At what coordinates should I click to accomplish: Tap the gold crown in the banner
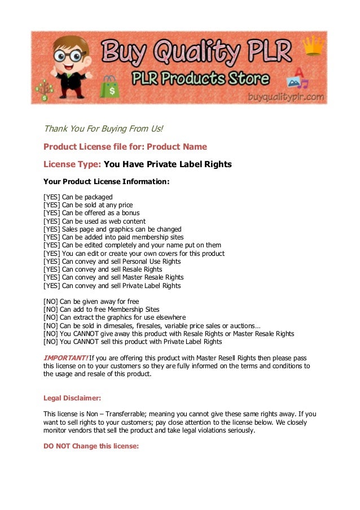tap(311, 46)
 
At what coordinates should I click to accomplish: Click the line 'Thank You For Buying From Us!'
tap(103, 129)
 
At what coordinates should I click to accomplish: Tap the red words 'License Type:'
tap(72, 164)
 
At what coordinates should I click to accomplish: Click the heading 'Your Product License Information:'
tap(106, 182)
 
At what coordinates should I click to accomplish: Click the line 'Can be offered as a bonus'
tap(100, 213)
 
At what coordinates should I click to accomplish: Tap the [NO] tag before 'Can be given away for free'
tap(50, 302)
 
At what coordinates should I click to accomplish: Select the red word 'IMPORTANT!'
tap(65, 358)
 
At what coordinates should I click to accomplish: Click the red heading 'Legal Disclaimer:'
tap(72, 398)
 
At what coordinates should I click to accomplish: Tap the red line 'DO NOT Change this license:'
tap(91, 446)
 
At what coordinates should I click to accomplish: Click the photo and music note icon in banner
tap(297, 79)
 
